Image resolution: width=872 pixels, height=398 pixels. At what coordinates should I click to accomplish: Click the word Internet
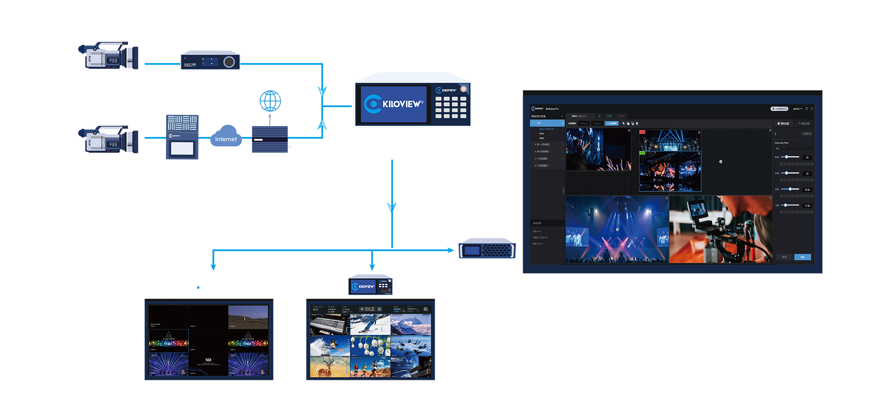pos(226,139)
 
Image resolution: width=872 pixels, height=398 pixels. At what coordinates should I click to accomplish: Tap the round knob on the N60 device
pos(229,62)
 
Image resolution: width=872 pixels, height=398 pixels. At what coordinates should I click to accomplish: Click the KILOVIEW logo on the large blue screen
pos(394,104)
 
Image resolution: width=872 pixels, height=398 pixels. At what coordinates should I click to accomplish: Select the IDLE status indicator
pos(367,309)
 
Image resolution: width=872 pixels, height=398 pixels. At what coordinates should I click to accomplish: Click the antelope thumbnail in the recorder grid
pos(330,367)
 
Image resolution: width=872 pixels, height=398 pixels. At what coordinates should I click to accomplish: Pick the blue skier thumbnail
pos(370,325)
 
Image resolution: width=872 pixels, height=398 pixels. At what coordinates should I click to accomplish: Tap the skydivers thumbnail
pos(411,346)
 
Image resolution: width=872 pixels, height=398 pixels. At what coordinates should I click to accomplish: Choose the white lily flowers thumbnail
pos(370,346)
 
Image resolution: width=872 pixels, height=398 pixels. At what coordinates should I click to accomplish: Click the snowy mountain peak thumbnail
pos(411,325)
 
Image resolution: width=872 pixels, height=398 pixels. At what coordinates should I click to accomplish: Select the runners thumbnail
pos(370,367)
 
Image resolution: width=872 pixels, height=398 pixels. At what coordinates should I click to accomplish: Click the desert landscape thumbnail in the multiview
pos(248,317)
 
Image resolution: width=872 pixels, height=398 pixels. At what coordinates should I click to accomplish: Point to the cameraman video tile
pos(721,229)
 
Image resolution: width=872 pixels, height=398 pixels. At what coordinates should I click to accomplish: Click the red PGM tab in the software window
pos(621,116)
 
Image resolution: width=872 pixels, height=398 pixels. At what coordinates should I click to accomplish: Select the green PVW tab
pos(609,116)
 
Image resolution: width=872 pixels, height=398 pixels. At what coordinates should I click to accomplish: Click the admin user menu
pos(797,109)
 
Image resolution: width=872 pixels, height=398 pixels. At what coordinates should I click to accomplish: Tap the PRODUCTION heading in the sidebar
pos(539,116)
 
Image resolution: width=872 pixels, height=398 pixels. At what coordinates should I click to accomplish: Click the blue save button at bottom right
pos(803,257)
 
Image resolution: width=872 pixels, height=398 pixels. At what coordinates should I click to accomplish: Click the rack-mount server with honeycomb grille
pos(487,250)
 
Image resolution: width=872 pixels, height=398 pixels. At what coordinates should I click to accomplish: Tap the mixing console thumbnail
pos(330,325)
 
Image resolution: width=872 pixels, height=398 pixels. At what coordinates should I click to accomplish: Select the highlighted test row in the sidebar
pos(547,123)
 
